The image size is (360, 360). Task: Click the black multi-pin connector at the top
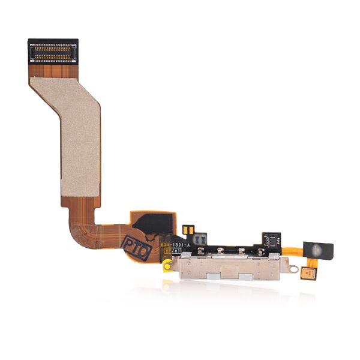coord(53,52)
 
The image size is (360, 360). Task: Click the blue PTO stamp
coord(137,246)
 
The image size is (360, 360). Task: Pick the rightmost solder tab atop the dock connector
coord(260,251)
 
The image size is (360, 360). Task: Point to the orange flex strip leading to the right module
coord(291,251)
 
